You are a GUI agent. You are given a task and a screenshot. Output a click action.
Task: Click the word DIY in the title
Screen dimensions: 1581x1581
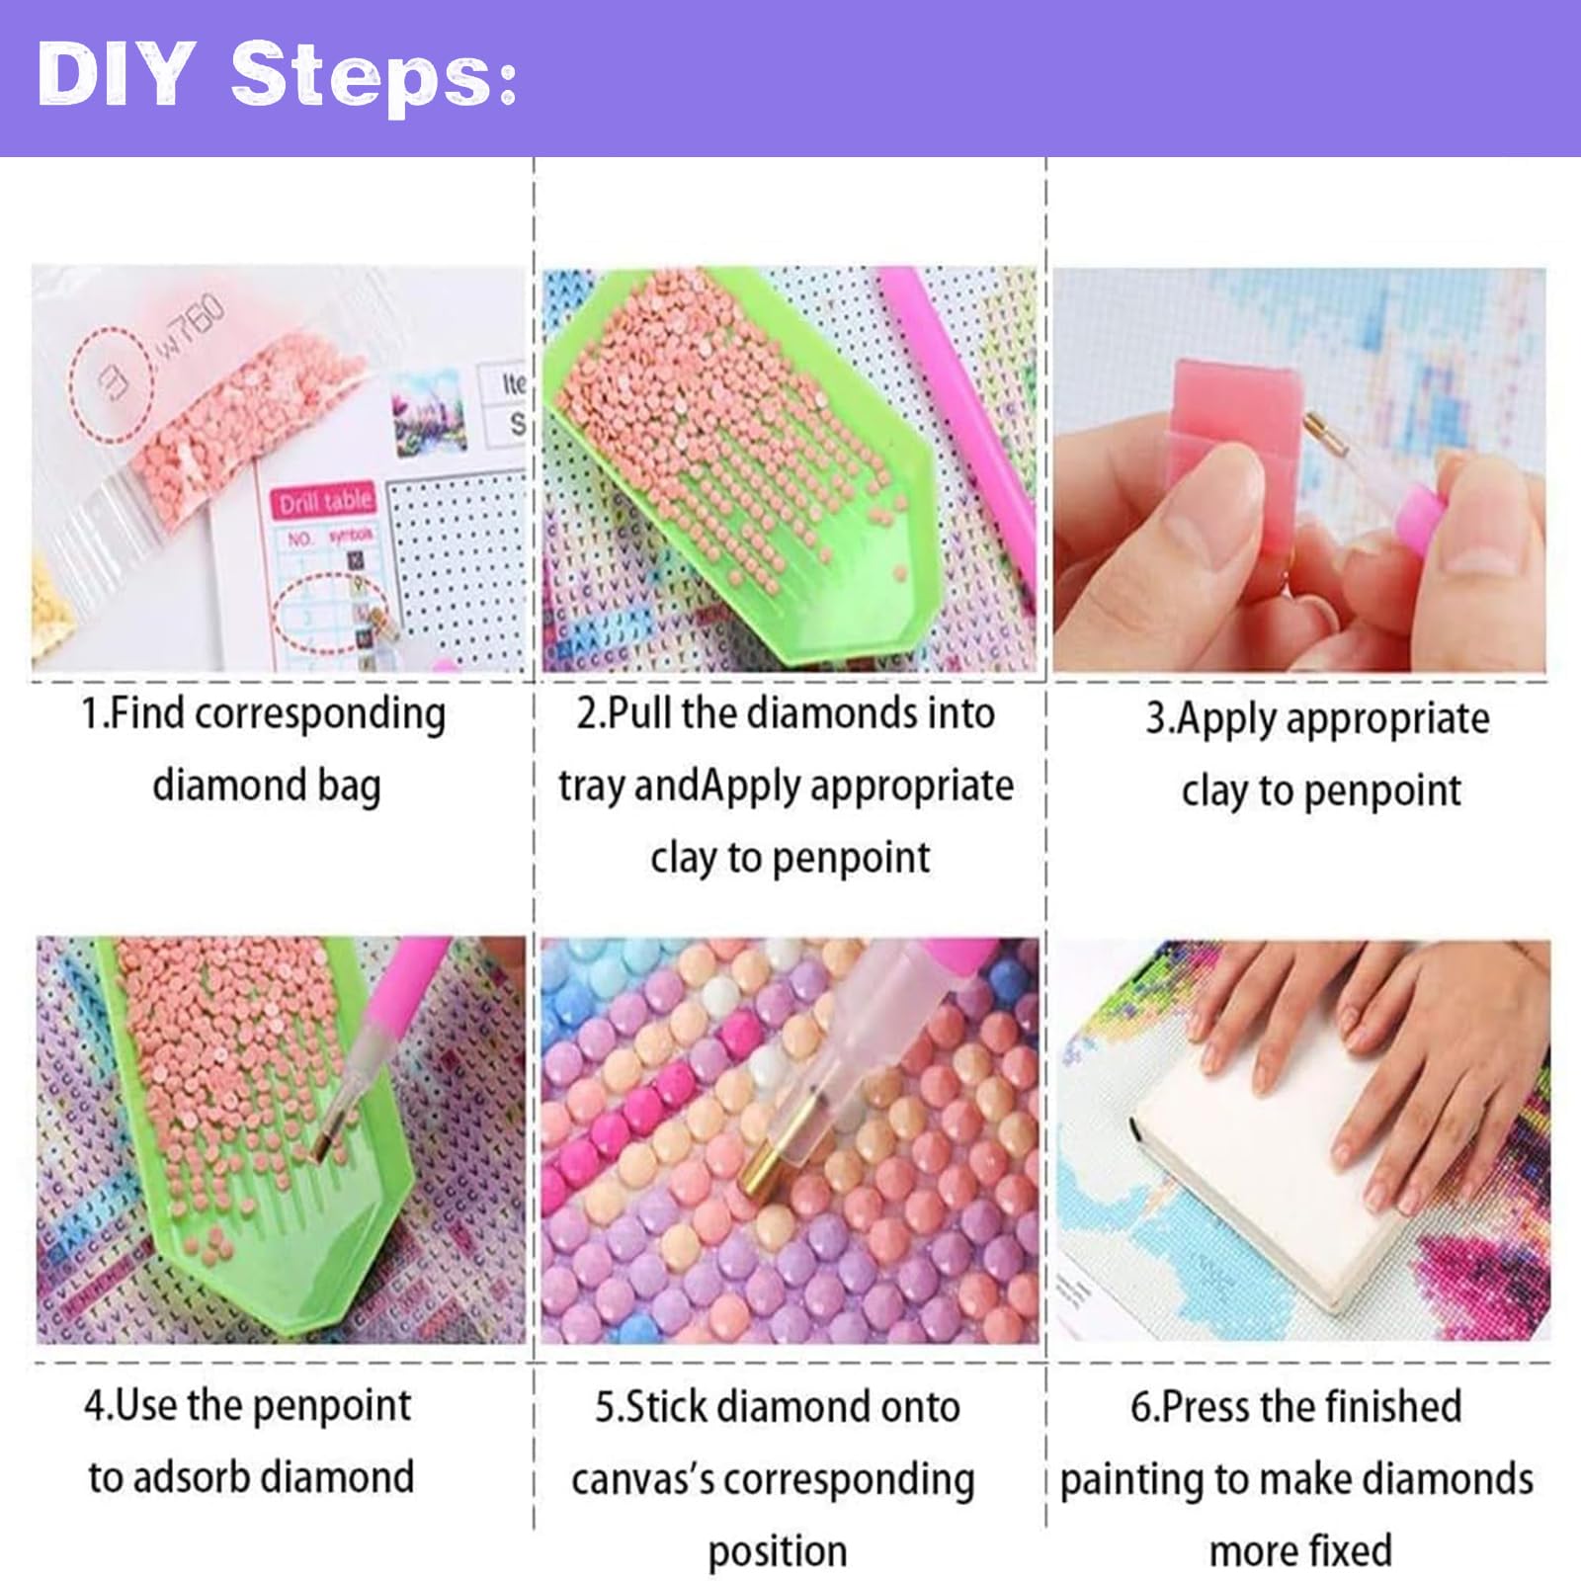coord(114,76)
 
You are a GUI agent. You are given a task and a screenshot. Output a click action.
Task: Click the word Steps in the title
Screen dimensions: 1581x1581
coord(374,76)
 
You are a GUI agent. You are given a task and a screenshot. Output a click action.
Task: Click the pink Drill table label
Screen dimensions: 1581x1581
coord(324,502)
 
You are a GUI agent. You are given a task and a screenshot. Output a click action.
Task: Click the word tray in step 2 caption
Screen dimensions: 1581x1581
coord(592,787)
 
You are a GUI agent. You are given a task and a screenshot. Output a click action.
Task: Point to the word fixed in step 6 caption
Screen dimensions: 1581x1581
coord(1348,1550)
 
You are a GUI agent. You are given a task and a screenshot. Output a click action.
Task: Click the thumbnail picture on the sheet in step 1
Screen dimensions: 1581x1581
coord(427,413)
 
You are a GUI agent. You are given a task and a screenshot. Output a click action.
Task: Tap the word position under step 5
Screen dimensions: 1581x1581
coord(778,1552)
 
